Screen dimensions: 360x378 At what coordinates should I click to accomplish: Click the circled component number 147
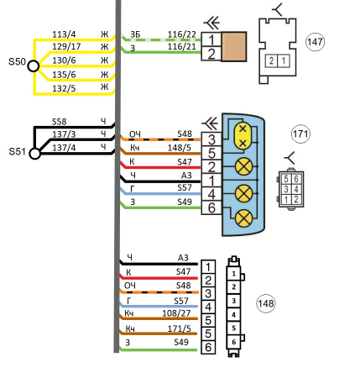pos(315,42)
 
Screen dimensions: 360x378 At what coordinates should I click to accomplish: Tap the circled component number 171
pos(300,134)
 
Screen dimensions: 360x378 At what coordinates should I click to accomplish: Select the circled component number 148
pos(266,303)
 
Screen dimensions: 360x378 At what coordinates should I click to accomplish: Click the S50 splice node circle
pos(34,66)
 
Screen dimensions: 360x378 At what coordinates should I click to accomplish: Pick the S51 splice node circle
pos(35,154)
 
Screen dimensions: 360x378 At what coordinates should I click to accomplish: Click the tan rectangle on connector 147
pos(234,46)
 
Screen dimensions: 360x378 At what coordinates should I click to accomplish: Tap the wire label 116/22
pos(182,34)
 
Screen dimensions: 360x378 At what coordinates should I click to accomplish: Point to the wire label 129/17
pos(66,46)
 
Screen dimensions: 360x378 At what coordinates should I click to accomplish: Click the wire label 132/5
pos(64,88)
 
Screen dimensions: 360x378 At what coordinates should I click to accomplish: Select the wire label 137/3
pos(64,134)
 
